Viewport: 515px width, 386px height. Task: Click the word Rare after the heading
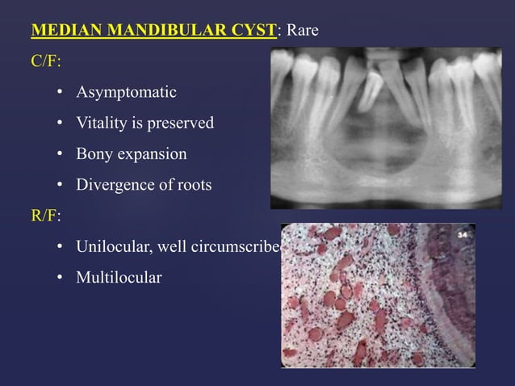pyautogui.click(x=301, y=31)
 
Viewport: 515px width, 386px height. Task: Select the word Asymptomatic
pyautogui.click(x=127, y=93)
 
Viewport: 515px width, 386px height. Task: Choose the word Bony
pyautogui.click(x=94, y=154)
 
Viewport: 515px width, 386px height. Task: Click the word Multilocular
pyautogui.click(x=119, y=278)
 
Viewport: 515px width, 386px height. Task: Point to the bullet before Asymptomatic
pyautogui.click(x=60, y=94)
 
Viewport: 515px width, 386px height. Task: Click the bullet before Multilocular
pyautogui.click(x=60, y=279)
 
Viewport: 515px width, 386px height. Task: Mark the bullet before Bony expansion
pyautogui.click(x=60, y=155)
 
